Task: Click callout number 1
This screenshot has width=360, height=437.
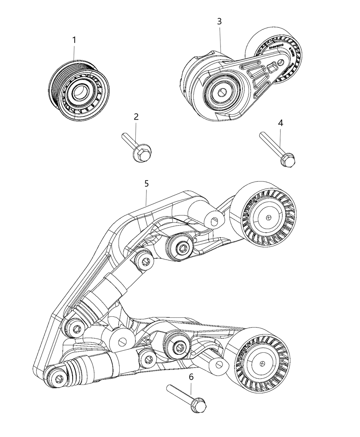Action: pyautogui.click(x=74, y=40)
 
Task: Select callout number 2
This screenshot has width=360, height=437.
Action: pyautogui.click(x=136, y=117)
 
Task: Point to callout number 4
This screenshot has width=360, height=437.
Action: pyautogui.click(x=280, y=123)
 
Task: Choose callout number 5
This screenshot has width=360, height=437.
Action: pyautogui.click(x=146, y=184)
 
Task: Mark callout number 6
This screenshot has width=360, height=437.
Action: pyautogui.click(x=191, y=377)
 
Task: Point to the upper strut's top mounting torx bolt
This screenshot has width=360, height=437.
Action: pyautogui.click(x=146, y=262)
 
